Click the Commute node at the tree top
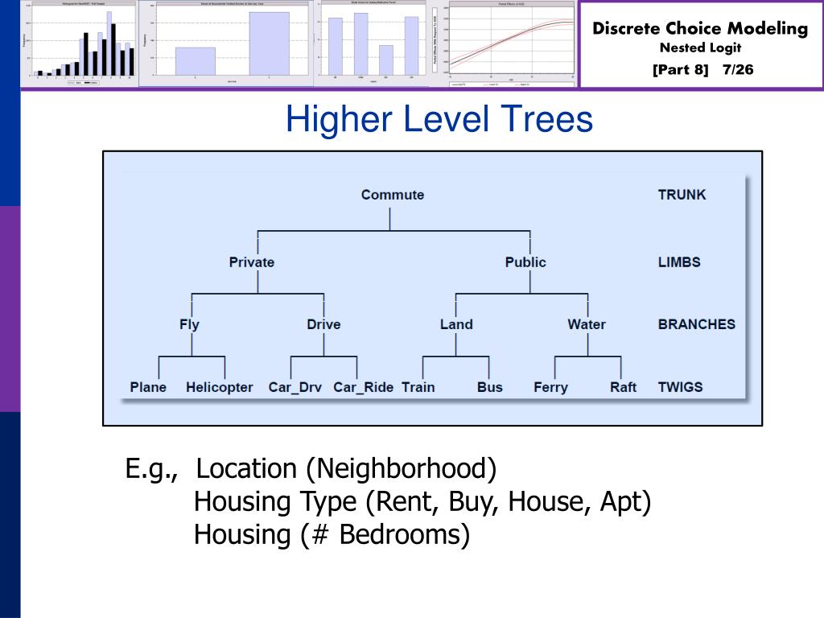392,195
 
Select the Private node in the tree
251,262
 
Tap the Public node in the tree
525,262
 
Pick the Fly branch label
189,325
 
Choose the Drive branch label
323,325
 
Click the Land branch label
456,325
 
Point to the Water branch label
587,325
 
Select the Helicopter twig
219,388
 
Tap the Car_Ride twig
364,388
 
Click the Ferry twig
550,388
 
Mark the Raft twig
623,388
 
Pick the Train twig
418,388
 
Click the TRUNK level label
682,195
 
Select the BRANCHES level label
696,325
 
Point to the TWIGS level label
680,388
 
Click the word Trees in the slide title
546,121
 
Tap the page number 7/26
738,70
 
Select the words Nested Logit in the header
700,48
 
